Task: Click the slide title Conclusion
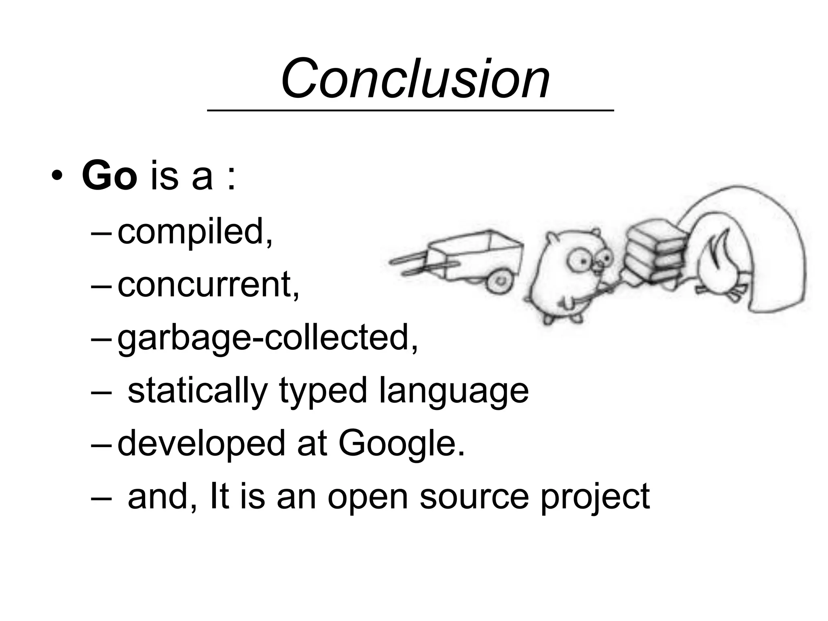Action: point(415,78)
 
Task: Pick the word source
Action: point(474,497)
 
